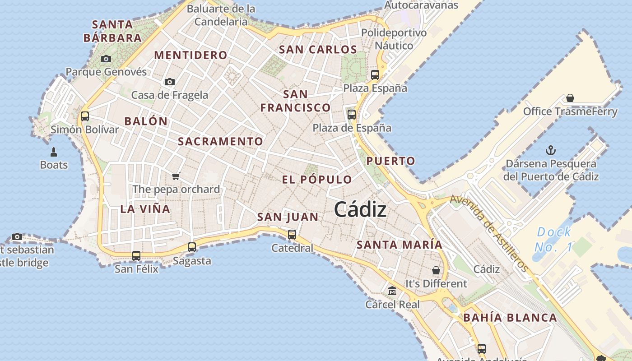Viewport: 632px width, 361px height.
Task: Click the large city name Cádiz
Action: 360,210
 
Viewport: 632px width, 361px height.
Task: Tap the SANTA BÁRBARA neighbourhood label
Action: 112,31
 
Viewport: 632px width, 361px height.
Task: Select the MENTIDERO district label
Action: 191,55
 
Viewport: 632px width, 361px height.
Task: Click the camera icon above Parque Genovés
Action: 106,59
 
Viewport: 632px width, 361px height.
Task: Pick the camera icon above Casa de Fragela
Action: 170,82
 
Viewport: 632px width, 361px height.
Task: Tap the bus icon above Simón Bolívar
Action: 84,116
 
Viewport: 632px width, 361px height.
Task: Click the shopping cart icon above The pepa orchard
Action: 176,176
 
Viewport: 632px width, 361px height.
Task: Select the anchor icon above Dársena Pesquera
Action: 551,150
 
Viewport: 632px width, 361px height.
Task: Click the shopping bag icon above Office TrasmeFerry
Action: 570,98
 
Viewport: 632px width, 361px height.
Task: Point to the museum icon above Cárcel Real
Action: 392,291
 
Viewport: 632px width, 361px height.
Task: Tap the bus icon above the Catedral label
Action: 292,235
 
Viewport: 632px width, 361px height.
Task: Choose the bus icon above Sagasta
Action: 192,247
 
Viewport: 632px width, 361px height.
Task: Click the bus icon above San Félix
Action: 136,256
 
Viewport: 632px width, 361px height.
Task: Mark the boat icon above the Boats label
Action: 54,152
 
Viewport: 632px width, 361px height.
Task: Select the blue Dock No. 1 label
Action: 554,240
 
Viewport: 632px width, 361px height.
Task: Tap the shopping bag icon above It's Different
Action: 436,270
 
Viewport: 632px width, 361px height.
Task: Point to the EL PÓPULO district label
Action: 317,180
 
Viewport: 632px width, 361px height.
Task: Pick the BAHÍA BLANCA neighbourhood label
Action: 510,318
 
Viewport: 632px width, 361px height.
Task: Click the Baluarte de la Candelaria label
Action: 221,15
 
